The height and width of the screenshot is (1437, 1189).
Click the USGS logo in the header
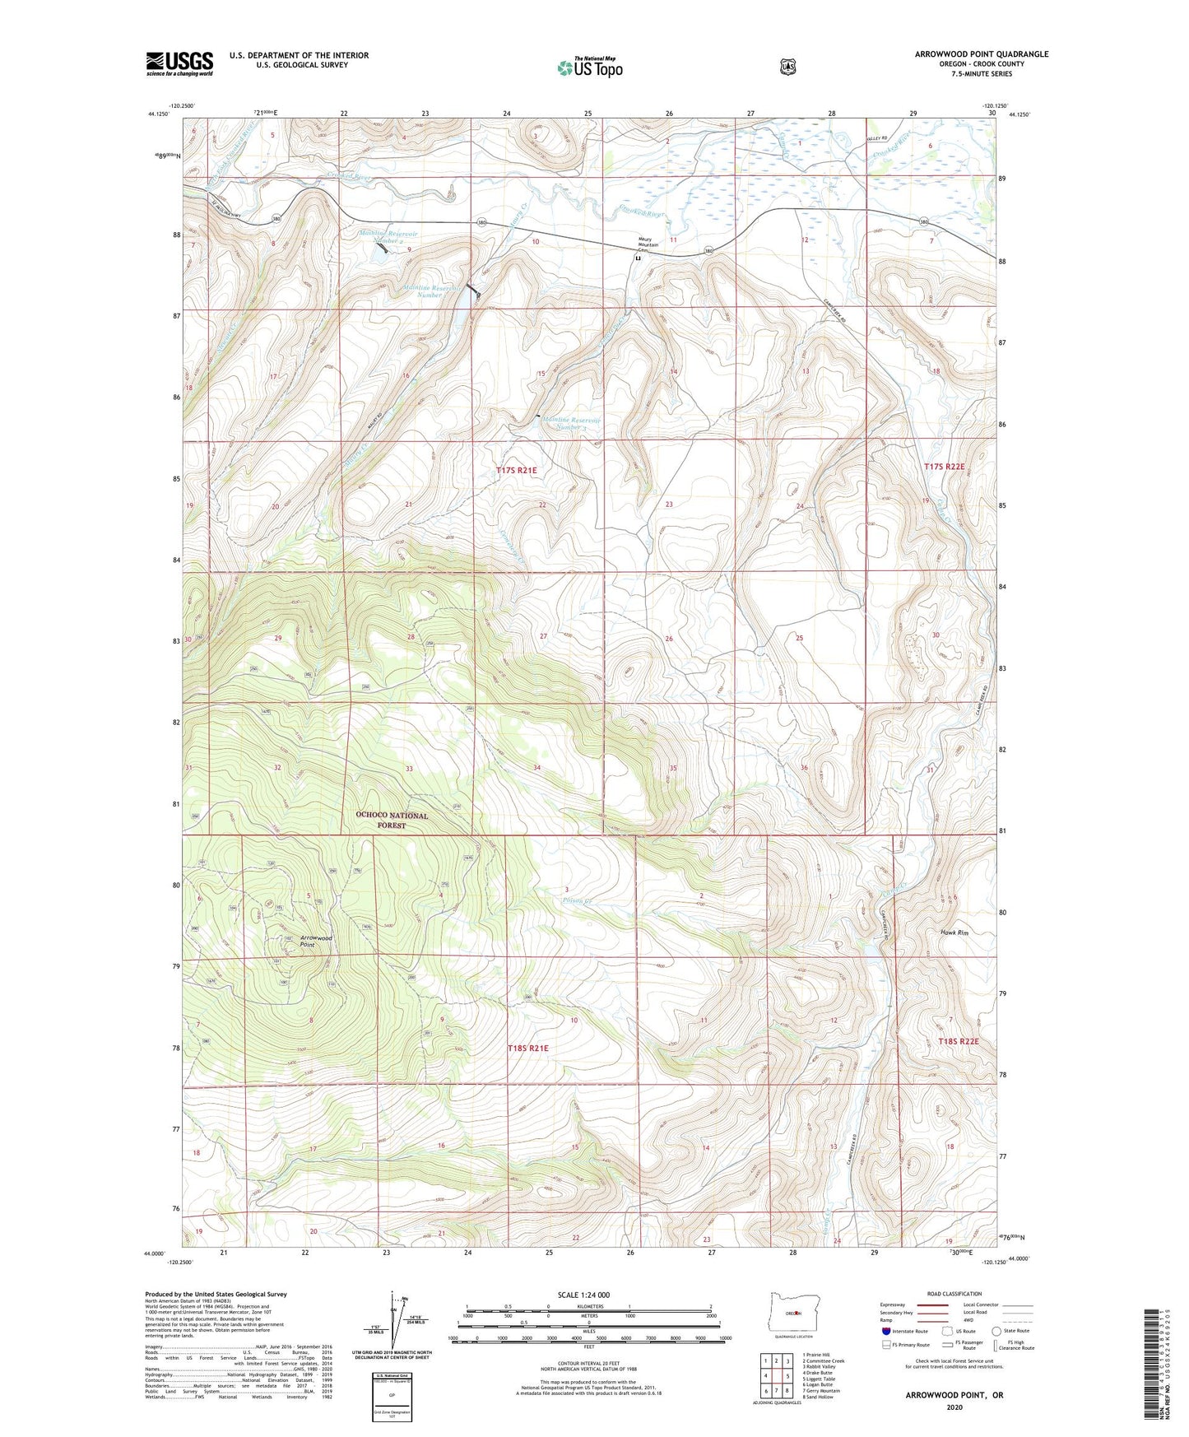point(179,63)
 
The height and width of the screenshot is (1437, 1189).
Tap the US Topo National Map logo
point(589,67)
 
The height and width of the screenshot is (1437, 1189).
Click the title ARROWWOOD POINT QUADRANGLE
point(981,54)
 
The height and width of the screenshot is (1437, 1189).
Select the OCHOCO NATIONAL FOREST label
point(392,820)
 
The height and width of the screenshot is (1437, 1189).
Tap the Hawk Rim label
point(954,932)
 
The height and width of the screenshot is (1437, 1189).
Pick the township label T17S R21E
point(516,470)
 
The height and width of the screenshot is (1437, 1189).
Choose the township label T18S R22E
point(958,1041)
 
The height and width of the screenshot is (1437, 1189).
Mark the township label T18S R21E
point(527,1048)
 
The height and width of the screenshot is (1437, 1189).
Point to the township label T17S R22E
point(944,466)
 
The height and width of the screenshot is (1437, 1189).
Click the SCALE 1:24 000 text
point(583,1295)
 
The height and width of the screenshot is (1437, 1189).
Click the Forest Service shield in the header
point(788,66)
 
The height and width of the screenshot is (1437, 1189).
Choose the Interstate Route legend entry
point(904,1331)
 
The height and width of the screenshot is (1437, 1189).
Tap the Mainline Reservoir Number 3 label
point(571,423)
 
